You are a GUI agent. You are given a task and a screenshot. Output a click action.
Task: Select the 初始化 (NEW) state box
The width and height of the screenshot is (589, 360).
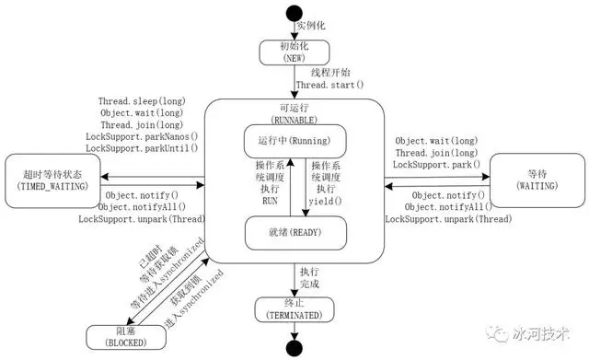294,52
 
